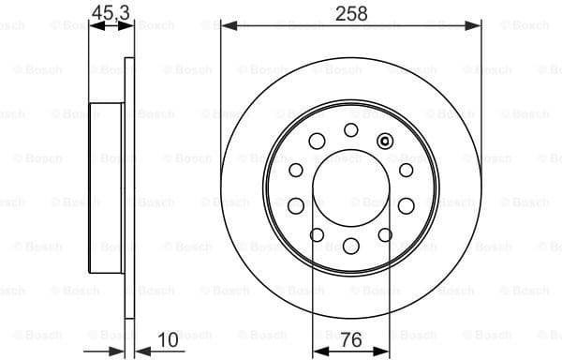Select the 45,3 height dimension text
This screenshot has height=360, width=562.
click(110, 12)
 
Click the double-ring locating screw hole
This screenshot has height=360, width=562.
click(384, 141)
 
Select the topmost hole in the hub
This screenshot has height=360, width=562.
click(351, 129)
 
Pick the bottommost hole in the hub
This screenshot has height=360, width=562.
click(351, 246)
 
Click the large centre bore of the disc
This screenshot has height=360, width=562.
click(351, 187)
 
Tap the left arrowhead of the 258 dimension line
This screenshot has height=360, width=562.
click(227, 27)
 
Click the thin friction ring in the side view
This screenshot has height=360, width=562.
click(129, 187)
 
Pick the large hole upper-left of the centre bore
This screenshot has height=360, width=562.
click(318, 142)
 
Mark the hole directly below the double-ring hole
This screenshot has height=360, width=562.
click(406, 170)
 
